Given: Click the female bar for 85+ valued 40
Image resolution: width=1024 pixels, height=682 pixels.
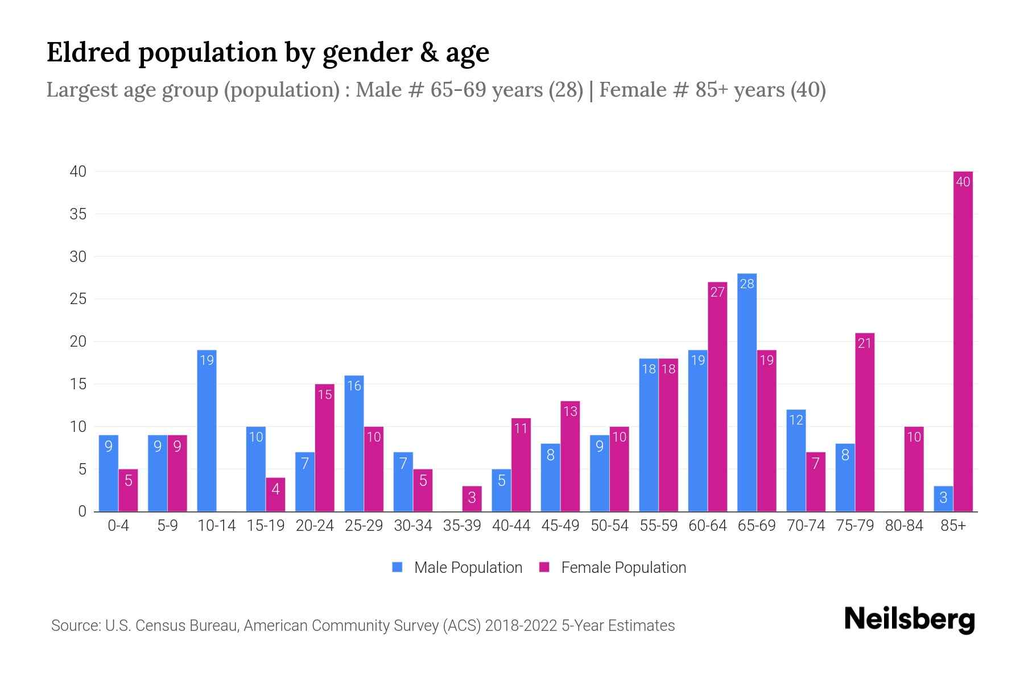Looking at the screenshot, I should [963, 341].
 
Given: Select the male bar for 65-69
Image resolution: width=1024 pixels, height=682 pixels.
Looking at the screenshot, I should [747, 392].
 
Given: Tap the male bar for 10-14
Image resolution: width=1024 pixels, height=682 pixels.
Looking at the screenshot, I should [207, 431].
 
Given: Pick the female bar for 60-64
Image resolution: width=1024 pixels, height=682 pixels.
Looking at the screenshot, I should [717, 397].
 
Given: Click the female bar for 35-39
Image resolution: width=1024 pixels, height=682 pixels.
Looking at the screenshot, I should [472, 499].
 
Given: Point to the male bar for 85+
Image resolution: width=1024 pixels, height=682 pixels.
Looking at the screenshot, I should [943, 499].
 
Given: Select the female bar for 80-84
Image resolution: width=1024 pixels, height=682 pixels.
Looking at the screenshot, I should [914, 469].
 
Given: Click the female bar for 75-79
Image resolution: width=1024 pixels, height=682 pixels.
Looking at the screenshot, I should [865, 422].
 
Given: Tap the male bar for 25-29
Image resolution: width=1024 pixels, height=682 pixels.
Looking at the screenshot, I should [354, 443].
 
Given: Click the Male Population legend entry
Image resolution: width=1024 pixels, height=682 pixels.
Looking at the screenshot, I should [457, 567].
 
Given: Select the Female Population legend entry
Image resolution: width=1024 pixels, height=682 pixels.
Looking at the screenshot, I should [613, 567].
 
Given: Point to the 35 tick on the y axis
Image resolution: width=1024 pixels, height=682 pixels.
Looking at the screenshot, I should [78, 214].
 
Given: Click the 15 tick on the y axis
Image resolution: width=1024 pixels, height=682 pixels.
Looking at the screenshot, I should [78, 384].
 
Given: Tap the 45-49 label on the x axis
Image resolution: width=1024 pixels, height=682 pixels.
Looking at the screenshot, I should [560, 526].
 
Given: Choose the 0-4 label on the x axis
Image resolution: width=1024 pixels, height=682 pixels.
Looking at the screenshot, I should [118, 526].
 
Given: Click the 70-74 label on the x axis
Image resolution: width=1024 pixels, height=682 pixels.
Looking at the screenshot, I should [806, 526].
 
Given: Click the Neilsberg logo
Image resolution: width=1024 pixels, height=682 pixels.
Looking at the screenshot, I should [909, 619].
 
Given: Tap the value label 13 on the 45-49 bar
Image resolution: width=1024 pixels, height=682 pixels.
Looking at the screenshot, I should [570, 411].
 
